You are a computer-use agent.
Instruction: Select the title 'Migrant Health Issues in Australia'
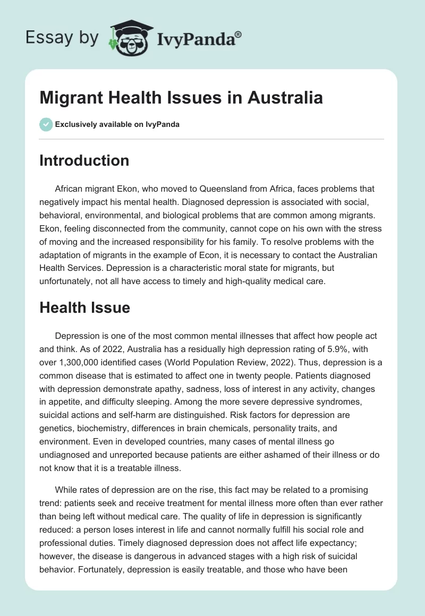click(181, 98)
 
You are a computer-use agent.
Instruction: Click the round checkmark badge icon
click(46, 124)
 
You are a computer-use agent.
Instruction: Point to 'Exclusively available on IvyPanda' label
click(117, 124)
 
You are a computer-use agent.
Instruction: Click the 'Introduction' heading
click(84, 160)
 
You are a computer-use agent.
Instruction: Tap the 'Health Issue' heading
click(84, 307)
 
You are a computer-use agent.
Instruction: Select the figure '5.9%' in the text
click(301, 349)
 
